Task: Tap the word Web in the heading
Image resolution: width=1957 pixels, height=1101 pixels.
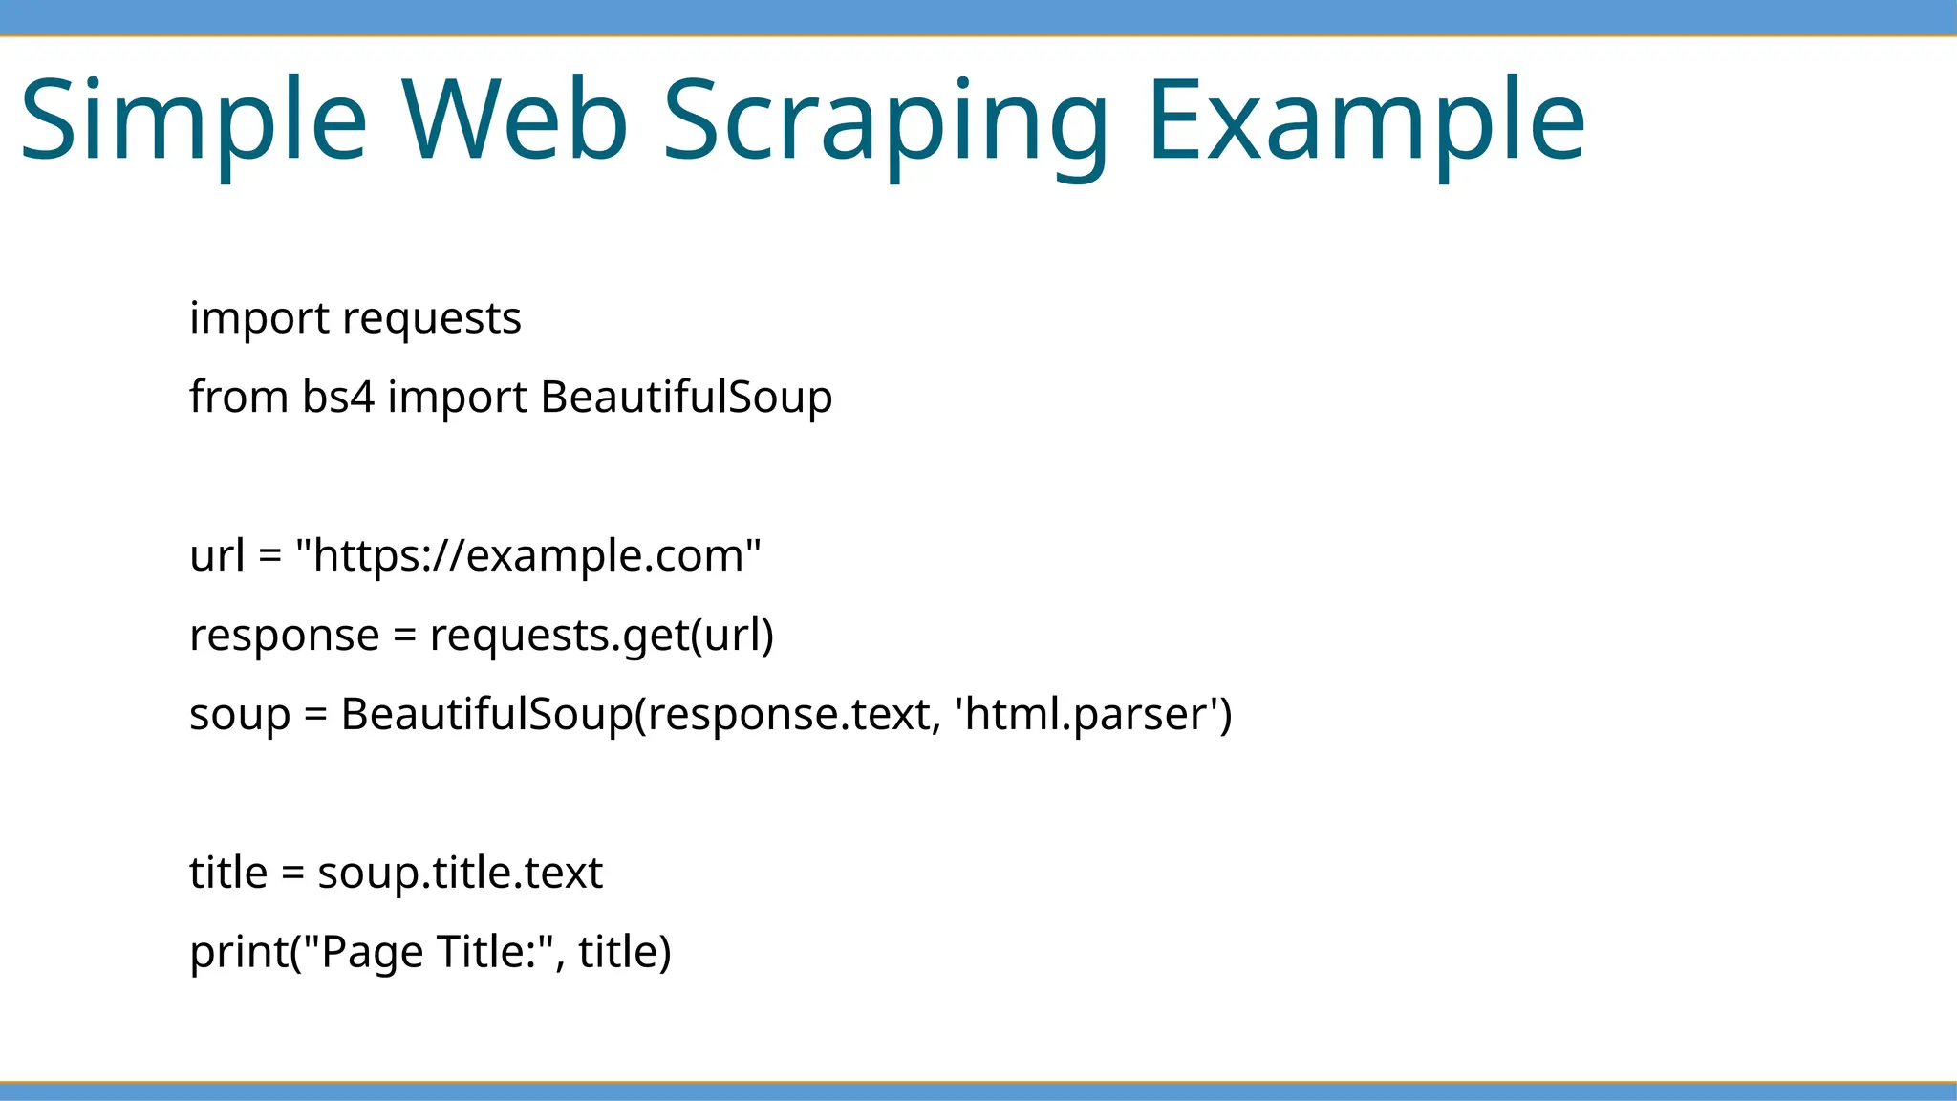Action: coord(514,119)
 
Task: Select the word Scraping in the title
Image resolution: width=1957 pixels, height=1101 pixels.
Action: coord(885,122)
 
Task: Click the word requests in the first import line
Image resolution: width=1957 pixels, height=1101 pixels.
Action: coord(431,318)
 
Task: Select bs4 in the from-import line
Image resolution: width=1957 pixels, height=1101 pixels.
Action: coord(338,397)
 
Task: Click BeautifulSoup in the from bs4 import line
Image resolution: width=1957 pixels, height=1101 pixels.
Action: coord(686,398)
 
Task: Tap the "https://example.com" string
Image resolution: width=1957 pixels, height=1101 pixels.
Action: coord(528,555)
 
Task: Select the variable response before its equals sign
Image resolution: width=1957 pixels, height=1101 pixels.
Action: coord(284,636)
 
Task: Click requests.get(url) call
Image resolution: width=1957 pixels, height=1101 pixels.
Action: coord(601,636)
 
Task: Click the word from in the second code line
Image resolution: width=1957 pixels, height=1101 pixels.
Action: coord(238,397)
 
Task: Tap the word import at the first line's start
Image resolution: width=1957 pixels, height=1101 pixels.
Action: coord(259,318)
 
